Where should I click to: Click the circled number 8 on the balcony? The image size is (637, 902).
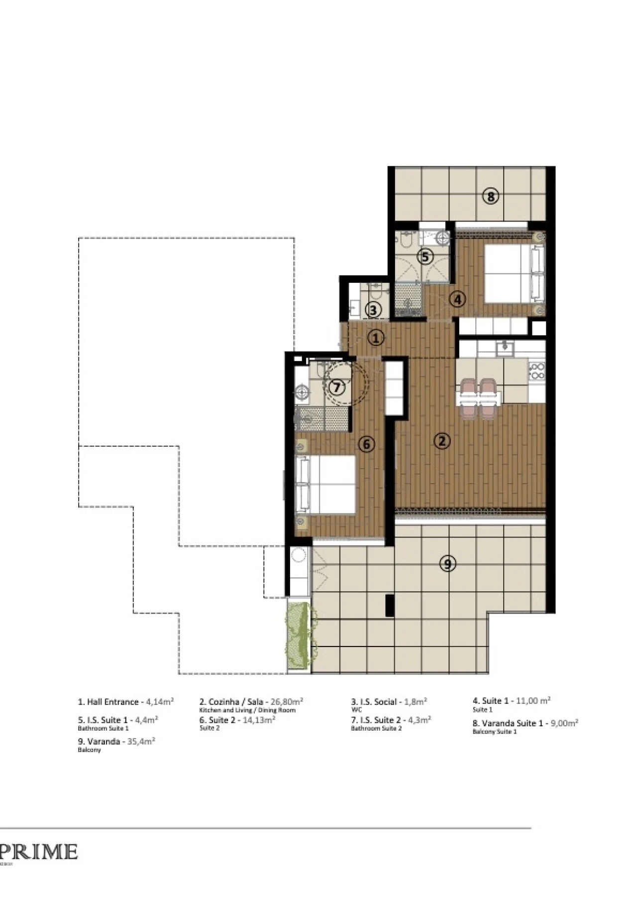pyautogui.click(x=491, y=196)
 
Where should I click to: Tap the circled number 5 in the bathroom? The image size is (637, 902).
pyautogui.click(x=425, y=257)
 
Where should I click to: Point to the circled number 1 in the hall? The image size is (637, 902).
pyautogui.click(x=376, y=338)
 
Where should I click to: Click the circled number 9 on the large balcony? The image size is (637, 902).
pyautogui.click(x=448, y=563)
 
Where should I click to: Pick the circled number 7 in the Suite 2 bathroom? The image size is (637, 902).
pyautogui.click(x=337, y=387)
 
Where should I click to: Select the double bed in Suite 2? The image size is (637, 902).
pyautogui.click(x=326, y=484)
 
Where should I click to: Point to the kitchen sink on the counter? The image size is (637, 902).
pyautogui.click(x=505, y=347)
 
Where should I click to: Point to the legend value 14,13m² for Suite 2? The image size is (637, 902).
pyautogui.click(x=259, y=720)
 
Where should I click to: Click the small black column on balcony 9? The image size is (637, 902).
pyautogui.click(x=390, y=605)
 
